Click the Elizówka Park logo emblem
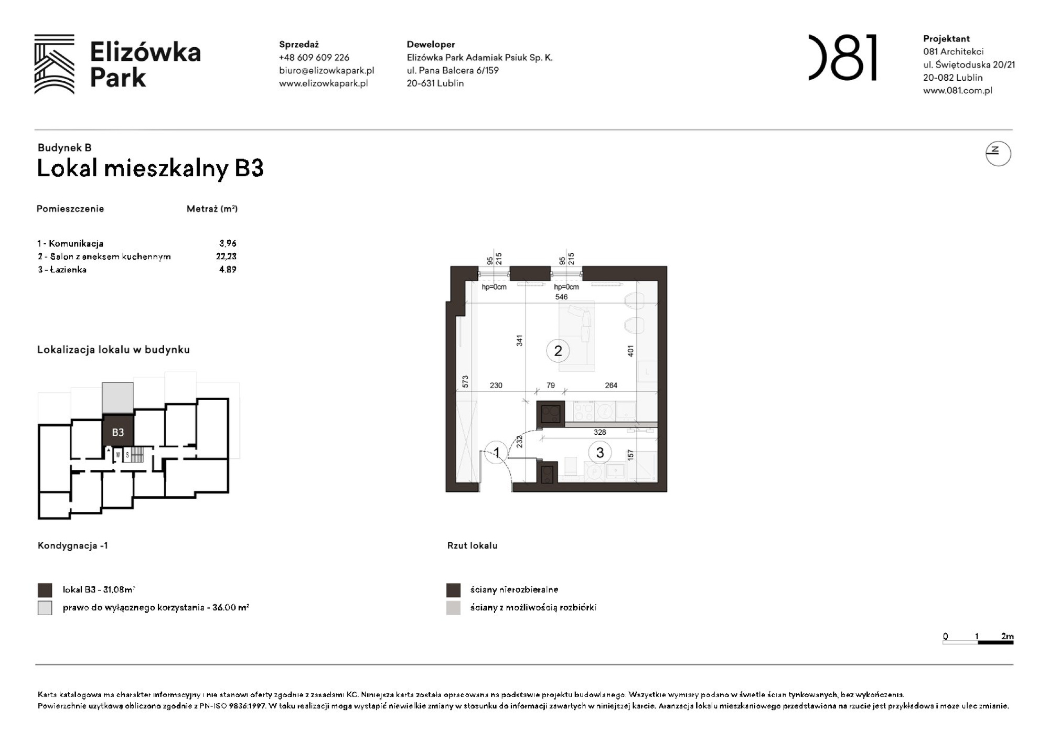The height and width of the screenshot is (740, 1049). click(x=55, y=64)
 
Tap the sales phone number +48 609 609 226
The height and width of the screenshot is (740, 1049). click(x=314, y=58)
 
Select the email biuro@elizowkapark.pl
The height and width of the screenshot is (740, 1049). click(x=326, y=70)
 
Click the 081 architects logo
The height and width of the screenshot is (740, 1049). click(x=842, y=58)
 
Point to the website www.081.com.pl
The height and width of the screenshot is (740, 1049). click(x=957, y=90)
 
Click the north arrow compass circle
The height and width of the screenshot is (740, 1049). click(x=998, y=154)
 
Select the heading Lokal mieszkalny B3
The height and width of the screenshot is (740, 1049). click(x=150, y=168)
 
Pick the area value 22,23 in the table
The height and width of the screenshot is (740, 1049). click(x=226, y=256)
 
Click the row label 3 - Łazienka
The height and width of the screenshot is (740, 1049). click(x=62, y=270)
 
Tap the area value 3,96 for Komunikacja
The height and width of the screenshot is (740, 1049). click(x=228, y=243)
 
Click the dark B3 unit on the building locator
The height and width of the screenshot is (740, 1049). click(x=118, y=432)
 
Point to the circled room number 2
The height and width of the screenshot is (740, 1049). click(x=558, y=351)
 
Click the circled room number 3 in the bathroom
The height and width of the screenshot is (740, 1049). click(x=600, y=453)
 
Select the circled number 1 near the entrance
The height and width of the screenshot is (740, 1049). click(x=496, y=452)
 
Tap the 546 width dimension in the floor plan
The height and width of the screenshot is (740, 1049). click(x=561, y=297)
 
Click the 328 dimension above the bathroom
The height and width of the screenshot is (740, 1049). click(x=600, y=432)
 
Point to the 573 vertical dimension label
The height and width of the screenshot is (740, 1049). click(x=465, y=382)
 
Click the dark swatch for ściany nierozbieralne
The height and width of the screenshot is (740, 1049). click(x=453, y=590)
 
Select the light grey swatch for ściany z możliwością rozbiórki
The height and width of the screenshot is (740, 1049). click(x=453, y=608)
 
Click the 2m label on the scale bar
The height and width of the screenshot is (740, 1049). click(x=1007, y=636)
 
